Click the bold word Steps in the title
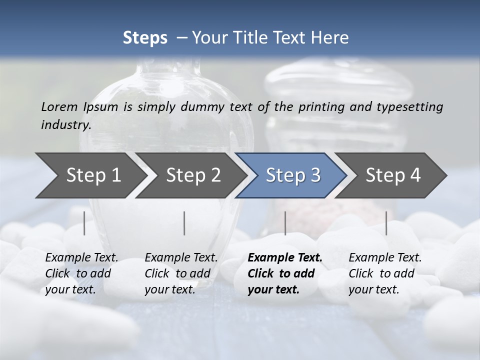click(x=145, y=38)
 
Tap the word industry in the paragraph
click(x=65, y=124)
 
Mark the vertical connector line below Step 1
click(x=84, y=223)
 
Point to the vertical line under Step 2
click(x=184, y=223)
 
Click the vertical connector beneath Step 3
click(x=285, y=223)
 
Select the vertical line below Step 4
click(x=386, y=223)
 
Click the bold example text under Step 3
click(x=284, y=273)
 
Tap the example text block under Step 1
click(x=81, y=273)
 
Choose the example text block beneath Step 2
click(x=180, y=273)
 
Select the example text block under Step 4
click(x=384, y=273)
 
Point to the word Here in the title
click(x=330, y=38)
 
